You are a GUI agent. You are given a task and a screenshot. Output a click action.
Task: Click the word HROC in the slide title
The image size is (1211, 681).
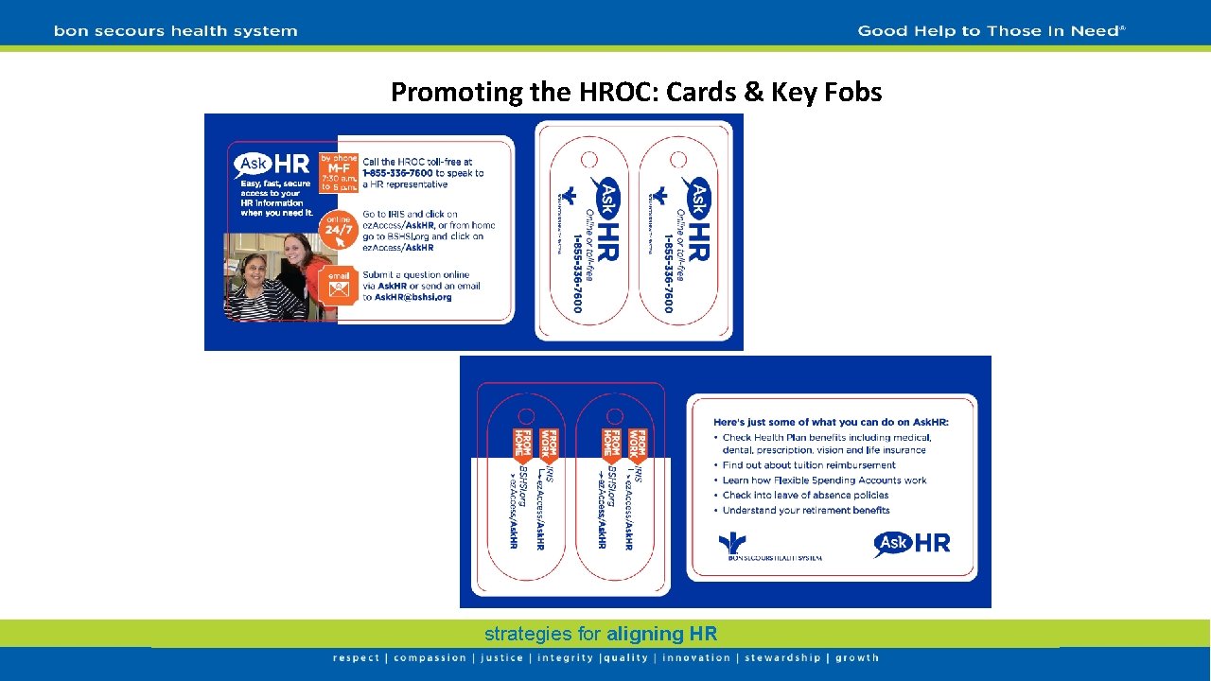pos(611,93)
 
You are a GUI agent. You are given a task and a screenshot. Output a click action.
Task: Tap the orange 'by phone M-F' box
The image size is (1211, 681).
pos(339,173)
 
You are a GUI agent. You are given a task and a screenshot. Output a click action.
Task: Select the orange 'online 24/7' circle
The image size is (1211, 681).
pos(339,228)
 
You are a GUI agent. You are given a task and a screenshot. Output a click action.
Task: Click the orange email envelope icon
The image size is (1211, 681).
pos(339,285)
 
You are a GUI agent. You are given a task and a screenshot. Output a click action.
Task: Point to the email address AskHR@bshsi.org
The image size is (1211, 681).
pos(407,297)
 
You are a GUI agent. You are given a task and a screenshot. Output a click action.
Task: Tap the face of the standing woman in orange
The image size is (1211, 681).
pos(297,249)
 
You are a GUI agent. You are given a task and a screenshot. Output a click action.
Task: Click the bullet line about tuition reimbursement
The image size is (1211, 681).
pos(809,465)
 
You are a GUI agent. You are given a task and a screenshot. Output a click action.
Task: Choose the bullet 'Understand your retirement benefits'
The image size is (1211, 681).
pos(806,511)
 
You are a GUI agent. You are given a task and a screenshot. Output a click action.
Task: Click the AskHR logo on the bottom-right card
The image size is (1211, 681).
pos(911,543)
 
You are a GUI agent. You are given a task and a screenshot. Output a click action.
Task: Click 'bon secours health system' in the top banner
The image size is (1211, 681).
pos(176,31)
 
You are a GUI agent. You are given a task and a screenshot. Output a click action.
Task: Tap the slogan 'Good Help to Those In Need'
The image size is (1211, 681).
pos(990,31)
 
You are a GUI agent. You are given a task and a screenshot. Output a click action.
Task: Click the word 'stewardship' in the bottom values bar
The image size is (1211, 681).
pos(781,658)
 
